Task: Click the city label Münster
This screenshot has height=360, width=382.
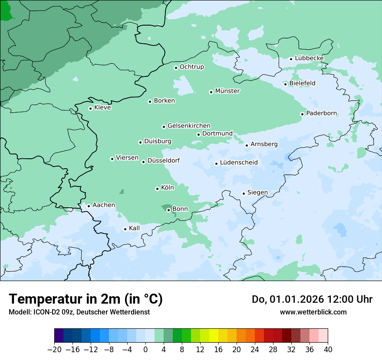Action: click(x=227, y=91)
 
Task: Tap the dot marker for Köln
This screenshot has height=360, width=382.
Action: click(x=157, y=189)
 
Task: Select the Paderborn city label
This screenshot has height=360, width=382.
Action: click(x=322, y=113)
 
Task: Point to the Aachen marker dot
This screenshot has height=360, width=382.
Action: click(x=89, y=206)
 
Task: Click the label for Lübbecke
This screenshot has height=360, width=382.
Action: click(x=309, y=58)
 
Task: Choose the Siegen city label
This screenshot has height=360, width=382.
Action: click(x=257, y=193)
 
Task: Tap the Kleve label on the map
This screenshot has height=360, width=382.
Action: click(x=102, y=108)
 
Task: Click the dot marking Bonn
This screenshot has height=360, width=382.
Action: click(x=168, y=210)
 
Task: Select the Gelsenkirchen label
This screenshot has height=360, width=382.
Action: click(x=189, y=126)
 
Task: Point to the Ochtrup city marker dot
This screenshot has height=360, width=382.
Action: click(x=176, y=68)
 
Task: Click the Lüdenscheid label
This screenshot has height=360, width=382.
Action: click(x=239, y=163)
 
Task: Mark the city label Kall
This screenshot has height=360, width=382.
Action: click(x=134, y=228)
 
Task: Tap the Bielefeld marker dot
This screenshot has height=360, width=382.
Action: click(x=286, y=84)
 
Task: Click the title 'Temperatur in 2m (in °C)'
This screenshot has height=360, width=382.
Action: click(x=86, y=299)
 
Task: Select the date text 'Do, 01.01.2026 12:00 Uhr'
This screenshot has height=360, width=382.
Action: click(x=312, y=299)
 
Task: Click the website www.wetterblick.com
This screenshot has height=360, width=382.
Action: click(x=313, y=312)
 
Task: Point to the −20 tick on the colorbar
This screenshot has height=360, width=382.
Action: click(x=55, y=350)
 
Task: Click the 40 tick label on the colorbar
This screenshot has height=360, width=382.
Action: click(x=328, y=350)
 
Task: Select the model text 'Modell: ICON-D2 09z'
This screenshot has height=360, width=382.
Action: click(x=41, y=312)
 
